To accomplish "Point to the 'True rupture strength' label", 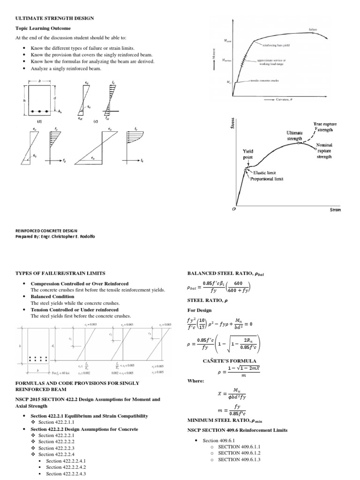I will tap(325, 127).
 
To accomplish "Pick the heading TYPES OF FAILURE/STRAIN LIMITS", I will tap(60, 273).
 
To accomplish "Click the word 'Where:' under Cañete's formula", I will tap(196, 381).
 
